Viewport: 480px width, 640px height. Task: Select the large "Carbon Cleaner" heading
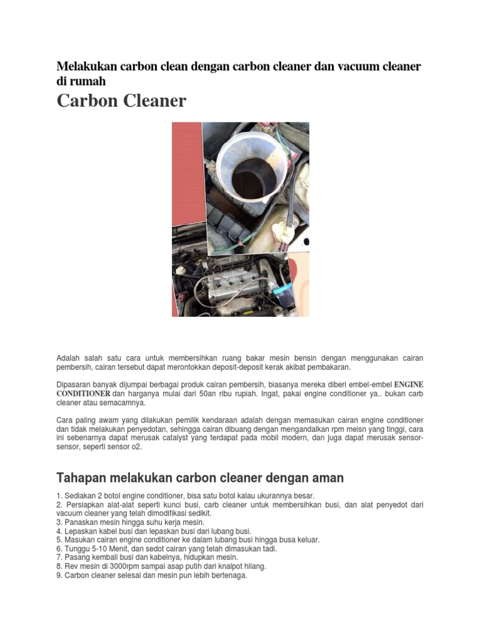tap(121, 101)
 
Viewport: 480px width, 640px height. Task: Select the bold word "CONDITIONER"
tap(83, 394)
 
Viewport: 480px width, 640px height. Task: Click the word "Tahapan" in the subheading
tap(82, 478)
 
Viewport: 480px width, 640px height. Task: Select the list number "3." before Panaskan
tap(59, 522)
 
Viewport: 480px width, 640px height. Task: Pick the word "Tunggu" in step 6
tap(77, 549)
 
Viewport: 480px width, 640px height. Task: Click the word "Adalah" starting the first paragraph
tap(69, 358)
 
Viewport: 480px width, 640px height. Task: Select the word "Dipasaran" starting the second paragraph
tap(75, 384)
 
